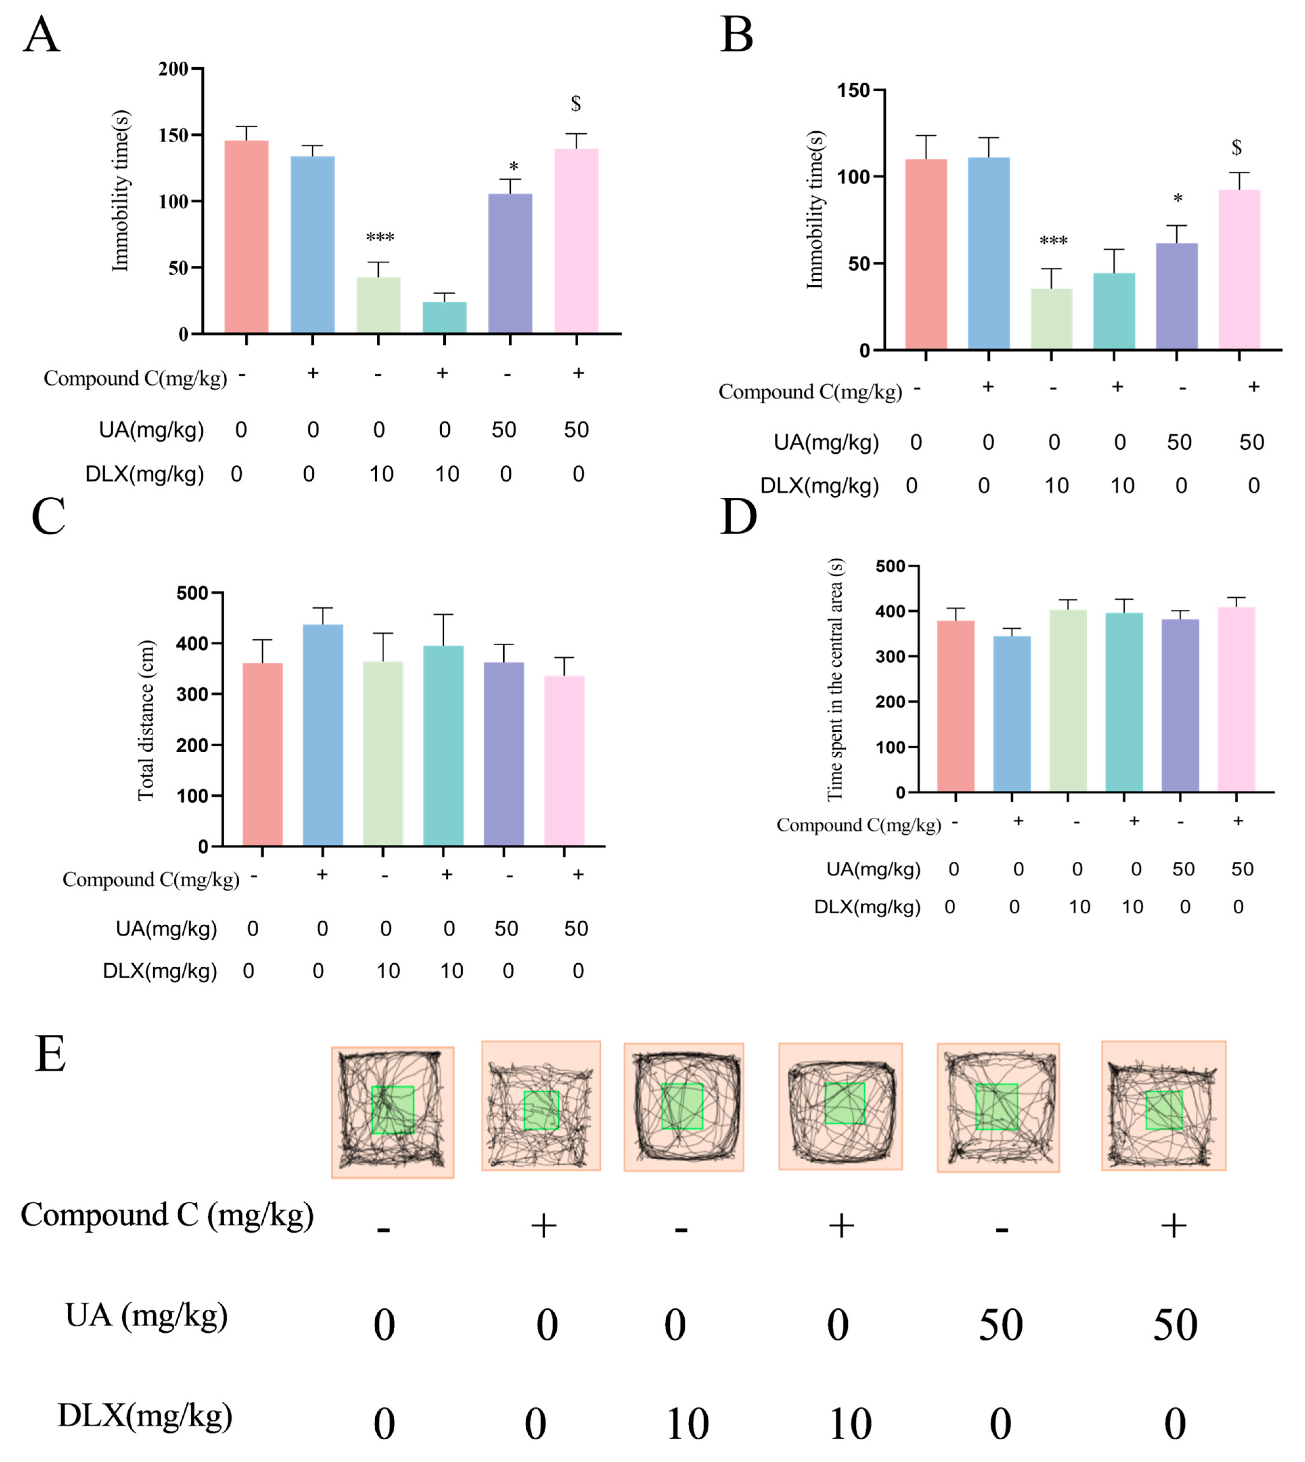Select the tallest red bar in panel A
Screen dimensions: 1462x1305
247,237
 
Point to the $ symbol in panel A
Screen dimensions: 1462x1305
576,104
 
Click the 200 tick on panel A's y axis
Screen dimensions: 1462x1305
174,69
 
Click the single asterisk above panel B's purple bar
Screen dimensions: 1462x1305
1177,199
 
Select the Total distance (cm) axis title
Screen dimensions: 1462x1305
146,719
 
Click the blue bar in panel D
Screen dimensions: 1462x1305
1012,714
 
